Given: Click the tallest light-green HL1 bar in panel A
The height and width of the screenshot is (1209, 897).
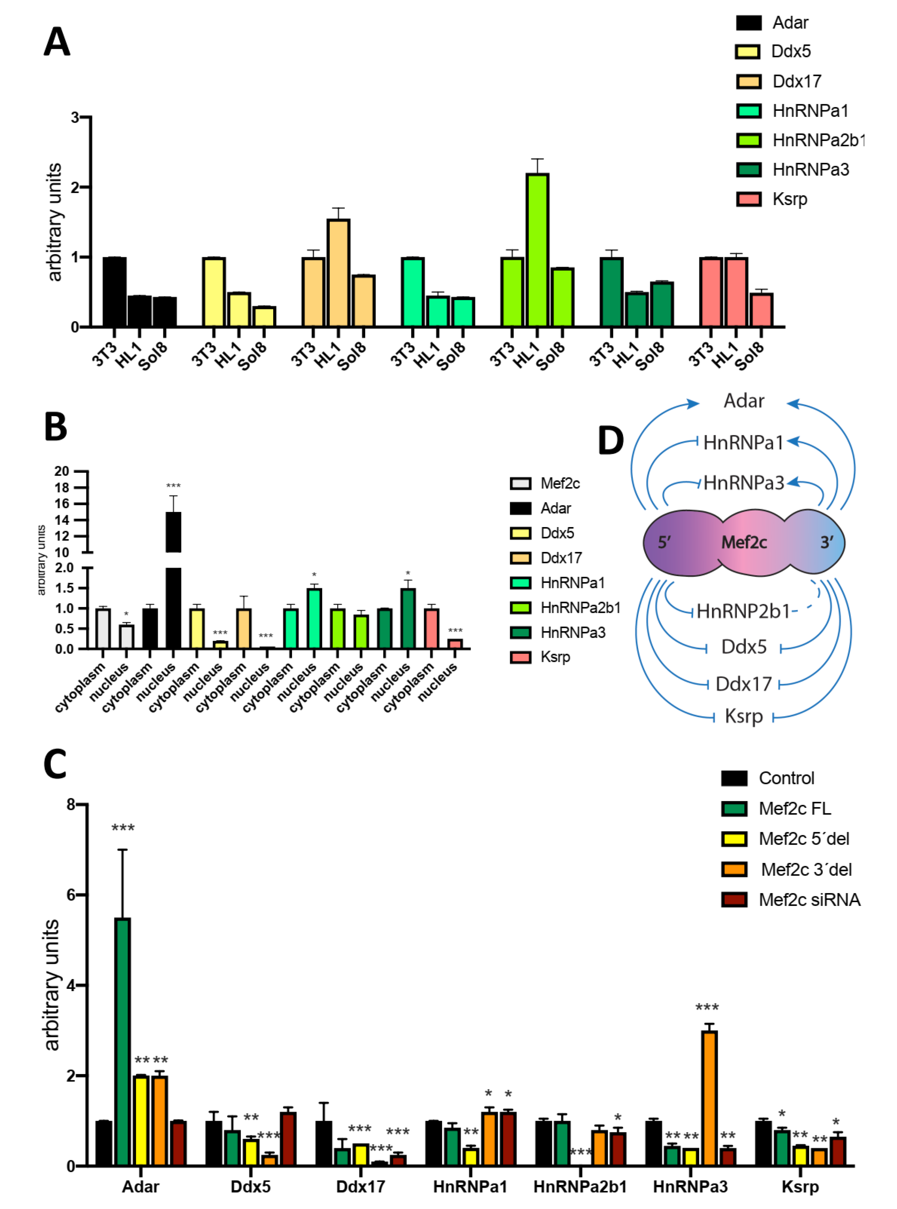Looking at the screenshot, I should tap(537, 250).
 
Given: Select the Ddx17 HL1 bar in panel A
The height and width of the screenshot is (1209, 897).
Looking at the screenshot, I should tap(338, 273).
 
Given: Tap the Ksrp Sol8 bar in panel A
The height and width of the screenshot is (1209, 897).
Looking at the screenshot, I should tap(761, 310).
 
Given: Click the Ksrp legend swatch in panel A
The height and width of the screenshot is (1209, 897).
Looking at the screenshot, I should tap(748, 199).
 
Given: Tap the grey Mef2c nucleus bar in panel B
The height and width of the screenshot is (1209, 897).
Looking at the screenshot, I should tap(126, 636).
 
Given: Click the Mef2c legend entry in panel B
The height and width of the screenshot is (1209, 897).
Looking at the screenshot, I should tap(559, 483).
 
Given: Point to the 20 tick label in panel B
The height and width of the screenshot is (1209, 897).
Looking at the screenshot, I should tap(62, 471).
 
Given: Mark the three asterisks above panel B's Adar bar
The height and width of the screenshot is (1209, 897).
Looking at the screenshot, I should tap(173, 486).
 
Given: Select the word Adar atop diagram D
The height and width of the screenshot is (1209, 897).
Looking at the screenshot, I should tap(743, 401).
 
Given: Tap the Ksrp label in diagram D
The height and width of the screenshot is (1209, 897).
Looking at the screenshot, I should tap(743, 716).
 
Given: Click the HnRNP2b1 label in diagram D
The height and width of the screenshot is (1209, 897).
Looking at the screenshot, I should tap(743, 611).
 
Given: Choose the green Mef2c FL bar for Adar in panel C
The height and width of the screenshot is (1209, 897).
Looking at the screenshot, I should tap(123, 1042).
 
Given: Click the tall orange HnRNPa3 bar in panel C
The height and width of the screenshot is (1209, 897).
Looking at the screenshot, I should tap(708, 1098).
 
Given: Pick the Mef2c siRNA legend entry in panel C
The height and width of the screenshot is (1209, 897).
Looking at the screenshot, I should tap(809, 900).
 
